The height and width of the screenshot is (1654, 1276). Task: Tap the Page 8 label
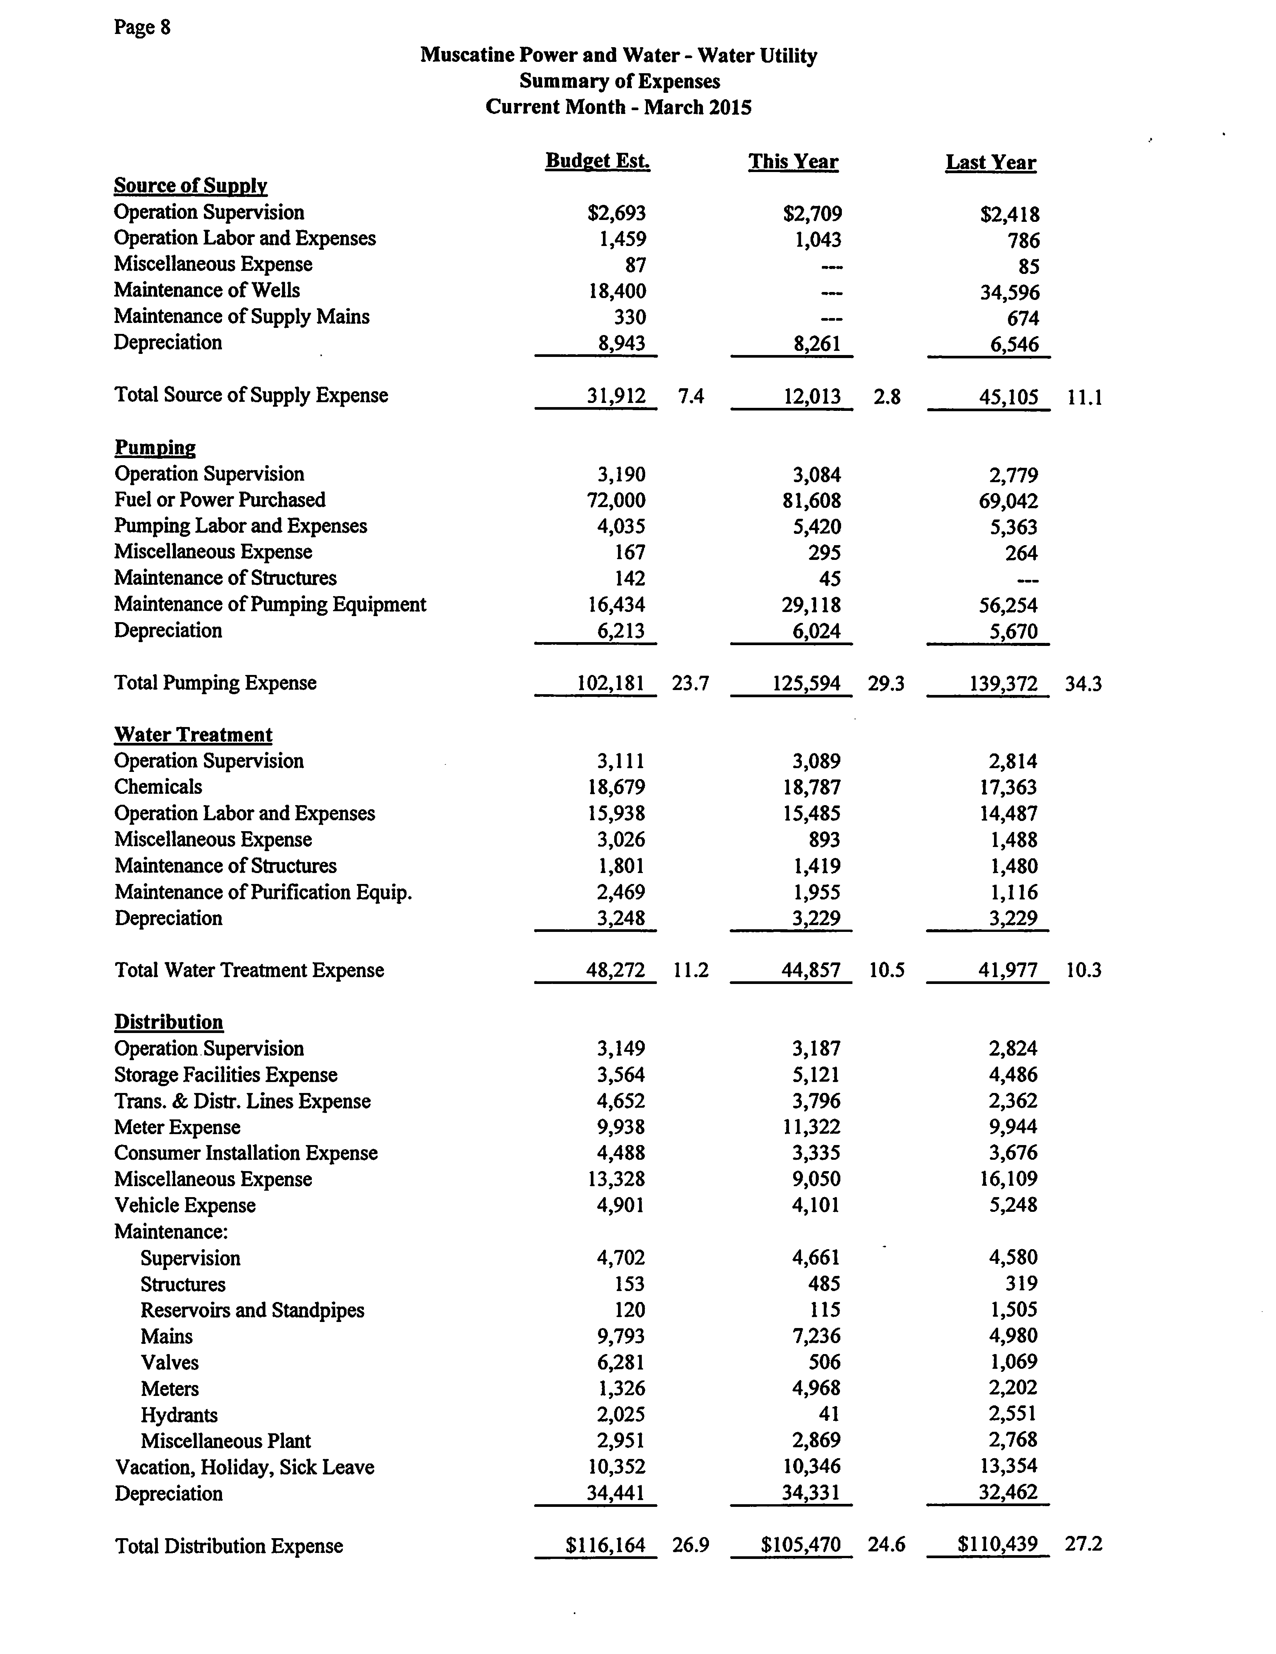(142, 27)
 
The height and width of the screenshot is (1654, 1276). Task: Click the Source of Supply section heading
(190, 186)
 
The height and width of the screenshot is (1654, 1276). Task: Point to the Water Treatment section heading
(193, 735)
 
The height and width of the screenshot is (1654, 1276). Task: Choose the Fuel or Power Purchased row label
(220, 500)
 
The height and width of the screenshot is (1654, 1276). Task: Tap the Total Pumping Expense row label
(215, 683)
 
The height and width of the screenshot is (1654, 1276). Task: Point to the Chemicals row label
(158, 787)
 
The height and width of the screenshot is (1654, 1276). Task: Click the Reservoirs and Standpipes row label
(252, 1310)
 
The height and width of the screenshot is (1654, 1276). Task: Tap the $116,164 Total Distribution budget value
(606, 1545)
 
